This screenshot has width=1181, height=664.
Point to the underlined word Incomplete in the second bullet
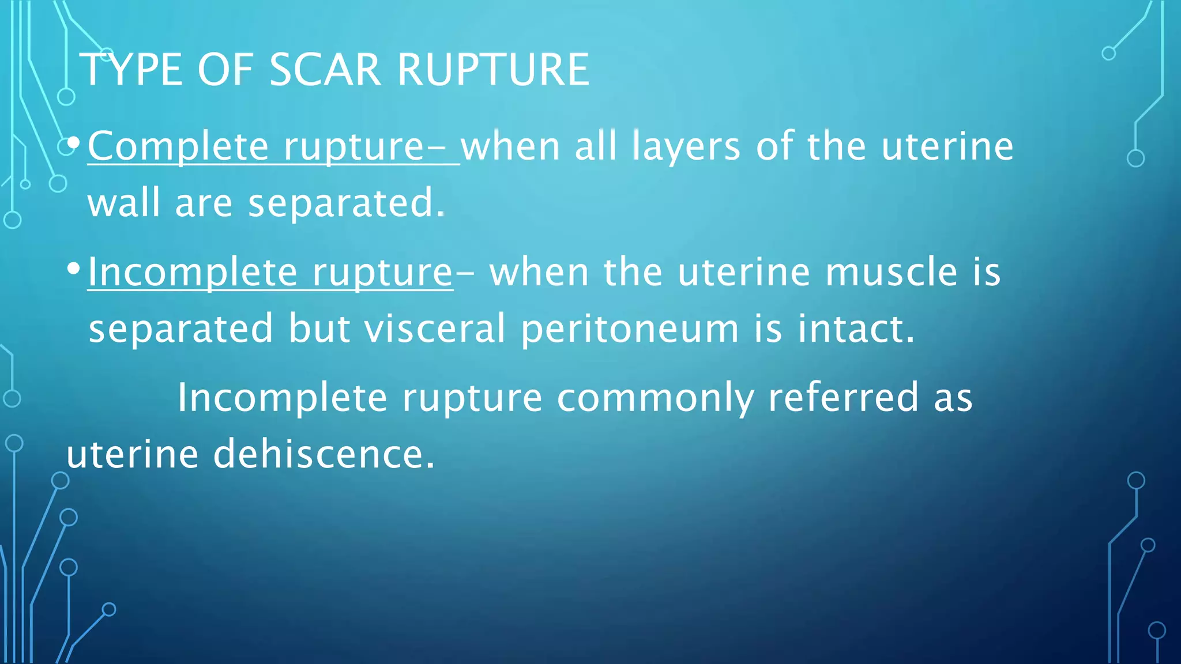[193, 272]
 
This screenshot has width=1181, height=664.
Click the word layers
[686, 146]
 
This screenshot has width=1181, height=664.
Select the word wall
[124, 203]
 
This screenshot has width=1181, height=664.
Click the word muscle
[892, 272]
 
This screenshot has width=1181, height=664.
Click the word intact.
[856, 329]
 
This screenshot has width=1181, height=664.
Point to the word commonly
[655, 398]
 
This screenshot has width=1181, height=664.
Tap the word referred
[843, 397]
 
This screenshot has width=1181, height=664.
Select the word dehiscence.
[324, 454]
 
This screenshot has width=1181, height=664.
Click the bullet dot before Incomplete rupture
[73, 267]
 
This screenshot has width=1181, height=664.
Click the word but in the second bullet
[319, 329]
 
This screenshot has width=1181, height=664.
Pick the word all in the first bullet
[596, 146]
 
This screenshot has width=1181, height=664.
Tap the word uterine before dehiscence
[133, 454]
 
